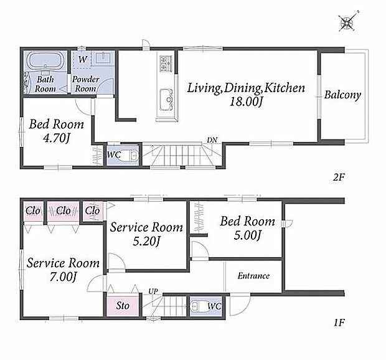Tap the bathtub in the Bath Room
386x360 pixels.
tap(45, 60)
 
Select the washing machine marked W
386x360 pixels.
tap(82, 59)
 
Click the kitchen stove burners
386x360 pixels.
tap(166, 64)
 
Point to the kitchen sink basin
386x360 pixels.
tap(166, 99)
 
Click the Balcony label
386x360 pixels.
tap(342, 95)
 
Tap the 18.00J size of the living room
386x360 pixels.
tap(246, 102)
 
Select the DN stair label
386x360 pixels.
tap(212, 140)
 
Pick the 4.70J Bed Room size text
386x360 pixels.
tap(57, 138)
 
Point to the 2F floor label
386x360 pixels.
tap(339, 177)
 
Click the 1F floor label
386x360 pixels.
tap(339, 323)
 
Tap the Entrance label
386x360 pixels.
tap(253, 276)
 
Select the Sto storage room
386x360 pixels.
tap(123, 306)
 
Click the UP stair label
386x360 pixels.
tap(153, 291)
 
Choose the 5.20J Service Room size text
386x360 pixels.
tap(147, 241)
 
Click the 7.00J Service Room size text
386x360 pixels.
tap(64, 277)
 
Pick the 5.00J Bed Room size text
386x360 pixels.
tap(247, 235)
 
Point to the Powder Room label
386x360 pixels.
tap(85, 84)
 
